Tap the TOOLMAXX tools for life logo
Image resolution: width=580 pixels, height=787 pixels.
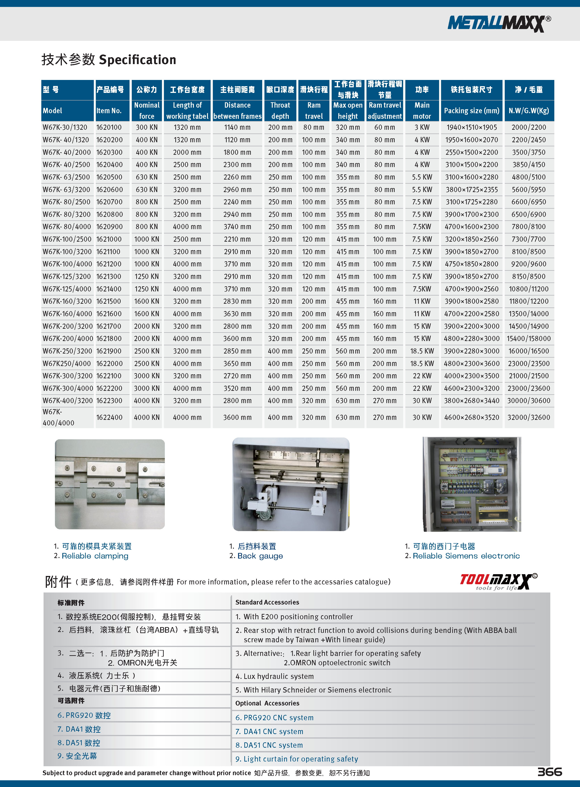click(498, 581)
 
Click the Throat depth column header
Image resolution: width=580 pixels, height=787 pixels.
click(280, 111)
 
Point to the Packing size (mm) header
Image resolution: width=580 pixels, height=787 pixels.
click(471, 111)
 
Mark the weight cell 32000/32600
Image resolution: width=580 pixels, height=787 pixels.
click(528, 417)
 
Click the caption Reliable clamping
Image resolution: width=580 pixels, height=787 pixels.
click(95, 556)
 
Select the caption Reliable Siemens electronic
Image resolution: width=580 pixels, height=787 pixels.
click(466, 556)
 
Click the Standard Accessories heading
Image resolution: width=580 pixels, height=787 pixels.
click(267, 602)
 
